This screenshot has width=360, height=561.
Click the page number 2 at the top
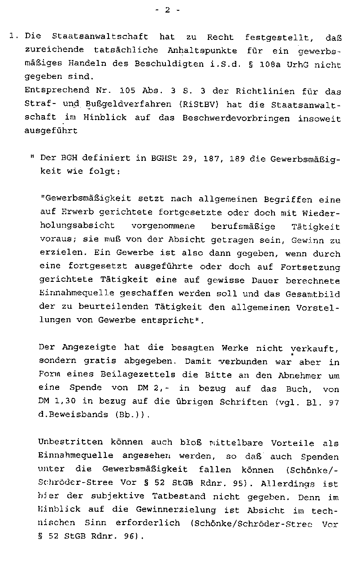click(x=167, y=11)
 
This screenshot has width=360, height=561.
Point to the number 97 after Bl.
click(x=333, y=402)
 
